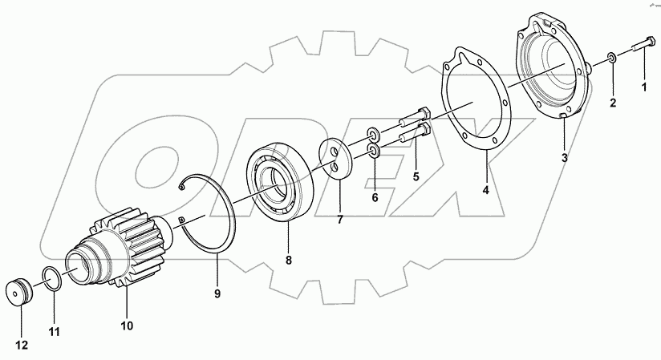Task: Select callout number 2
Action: click(614, 102)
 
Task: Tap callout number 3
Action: click(564, 158)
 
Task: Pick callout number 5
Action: click(416, 175)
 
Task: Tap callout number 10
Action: click(127, 326)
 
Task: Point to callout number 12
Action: click(23, 346)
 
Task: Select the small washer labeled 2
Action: click(611, 58)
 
